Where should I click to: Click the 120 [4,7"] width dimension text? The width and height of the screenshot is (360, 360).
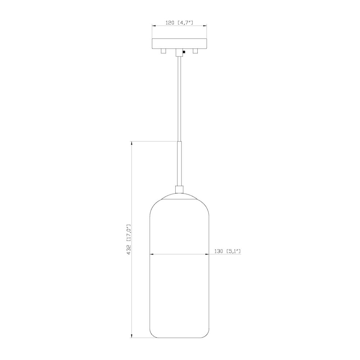pyautogui.click(x=179, y=22)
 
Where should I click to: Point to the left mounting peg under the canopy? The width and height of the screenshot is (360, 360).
pyautogui.click(x=163, y=51)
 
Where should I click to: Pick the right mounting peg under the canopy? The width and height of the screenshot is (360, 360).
pyautogui.click(x=196, y=51)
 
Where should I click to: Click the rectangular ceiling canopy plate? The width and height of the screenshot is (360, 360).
pyautogui.click(x=179, y=43)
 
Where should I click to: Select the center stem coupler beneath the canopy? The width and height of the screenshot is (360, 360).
pyautogui.click(x=179, y=53)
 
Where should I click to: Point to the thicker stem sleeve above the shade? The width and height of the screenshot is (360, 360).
pyautogui.click(x=179, y=163)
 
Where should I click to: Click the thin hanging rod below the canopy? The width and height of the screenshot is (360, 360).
pyautogui.click(x=179, y=97)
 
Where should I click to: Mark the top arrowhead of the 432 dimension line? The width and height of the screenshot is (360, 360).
pyautogui.click(x=132, y=143)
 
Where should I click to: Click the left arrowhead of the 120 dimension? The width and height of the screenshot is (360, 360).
pyautogui.click(x=154, y=26)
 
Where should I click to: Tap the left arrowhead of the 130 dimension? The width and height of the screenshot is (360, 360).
pyautogui.click(x=152, y=255)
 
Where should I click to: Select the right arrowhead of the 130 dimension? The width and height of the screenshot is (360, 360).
pyautogui.click(x=207, y=255)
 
